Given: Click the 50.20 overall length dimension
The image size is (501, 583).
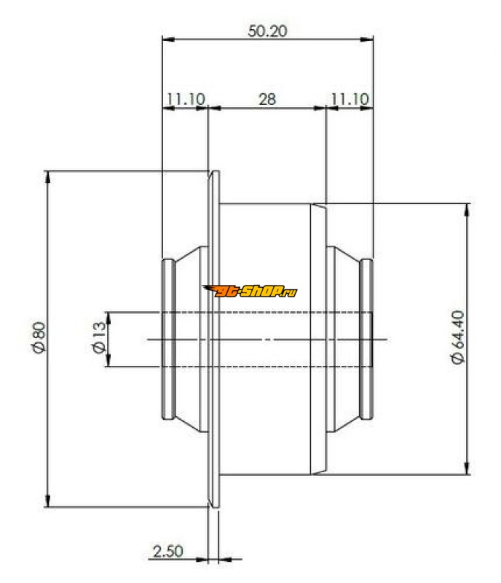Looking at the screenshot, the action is [x=267, y=31].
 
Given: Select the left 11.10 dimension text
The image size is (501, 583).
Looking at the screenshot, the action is [x=186, y=99].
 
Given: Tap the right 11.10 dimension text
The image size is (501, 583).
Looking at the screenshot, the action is [x=350, y=99].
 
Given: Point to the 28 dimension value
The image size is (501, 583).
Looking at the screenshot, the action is [x=267, y=99].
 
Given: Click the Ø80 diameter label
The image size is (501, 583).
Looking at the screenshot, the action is [x=39, y=337].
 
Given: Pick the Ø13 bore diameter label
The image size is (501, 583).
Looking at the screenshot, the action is [x=99, y=337].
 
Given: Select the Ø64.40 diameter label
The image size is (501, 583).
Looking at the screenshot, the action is [x=457, y=337].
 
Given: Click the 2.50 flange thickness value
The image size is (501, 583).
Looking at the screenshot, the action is [x=167, y=551].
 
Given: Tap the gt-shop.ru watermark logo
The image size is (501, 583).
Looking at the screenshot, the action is [x=250, y=291].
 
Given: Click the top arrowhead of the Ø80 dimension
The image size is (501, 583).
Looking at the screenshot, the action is [x=47, y=177].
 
